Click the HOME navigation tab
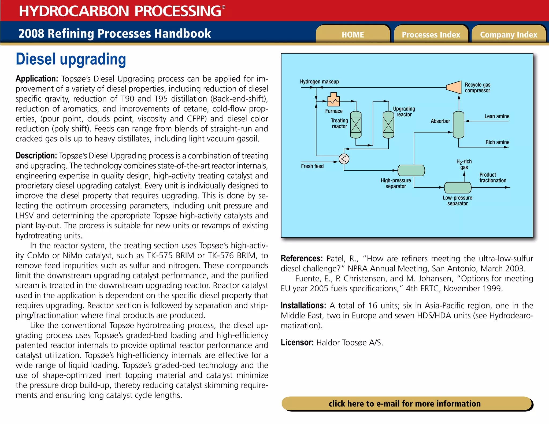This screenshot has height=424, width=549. tap(353, 35)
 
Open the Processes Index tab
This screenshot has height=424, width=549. tap(431, 35)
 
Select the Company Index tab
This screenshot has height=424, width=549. tap(509, 35)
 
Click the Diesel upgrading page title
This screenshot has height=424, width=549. tap(71, 59)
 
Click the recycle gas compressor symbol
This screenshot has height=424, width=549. tap(454, 87)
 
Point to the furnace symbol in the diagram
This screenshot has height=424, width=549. tap(334, 100)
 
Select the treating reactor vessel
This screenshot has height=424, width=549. tap(356, 125)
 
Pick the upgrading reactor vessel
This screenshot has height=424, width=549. tap(388, 125)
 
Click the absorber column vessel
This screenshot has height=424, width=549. tap(458, 125)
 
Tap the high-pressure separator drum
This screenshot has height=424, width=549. tap(411, 170)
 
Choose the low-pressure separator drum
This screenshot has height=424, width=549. tap(458, 187)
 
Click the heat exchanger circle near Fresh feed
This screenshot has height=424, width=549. tap(344, 159)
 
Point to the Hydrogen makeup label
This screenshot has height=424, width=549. tap(319, 81)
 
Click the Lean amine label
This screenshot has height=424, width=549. tap(497, 116)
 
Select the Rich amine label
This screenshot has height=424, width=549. tap(497, 142)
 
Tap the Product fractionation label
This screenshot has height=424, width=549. tap(493, 177)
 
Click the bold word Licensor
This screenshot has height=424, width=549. tap(297, 342)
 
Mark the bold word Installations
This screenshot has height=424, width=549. tap(303, 305)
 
